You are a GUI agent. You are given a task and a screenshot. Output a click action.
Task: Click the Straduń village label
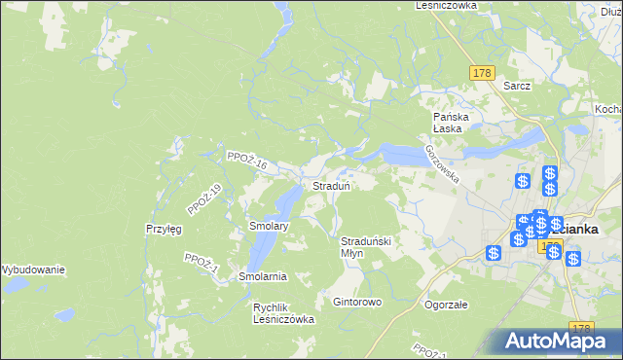(x=331, y=185)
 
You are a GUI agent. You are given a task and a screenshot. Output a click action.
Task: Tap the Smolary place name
(x=269, y=226)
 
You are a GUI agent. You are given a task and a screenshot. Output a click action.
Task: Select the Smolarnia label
(x=262, y=276)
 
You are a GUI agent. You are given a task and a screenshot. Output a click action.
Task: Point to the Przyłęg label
(x=164, y=228)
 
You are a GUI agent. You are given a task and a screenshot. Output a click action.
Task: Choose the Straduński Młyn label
(x=365, y=246)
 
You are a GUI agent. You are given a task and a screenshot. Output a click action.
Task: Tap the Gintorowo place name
(x=357, y=302)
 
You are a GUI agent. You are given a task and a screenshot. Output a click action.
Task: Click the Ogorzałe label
(x=447, y=304)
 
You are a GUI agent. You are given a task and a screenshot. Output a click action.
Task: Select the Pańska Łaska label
(x=452, y=122)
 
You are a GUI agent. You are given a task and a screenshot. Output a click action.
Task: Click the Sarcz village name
(x=517, y=86)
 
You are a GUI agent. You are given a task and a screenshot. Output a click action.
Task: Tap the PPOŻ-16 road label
(x=245, y=162)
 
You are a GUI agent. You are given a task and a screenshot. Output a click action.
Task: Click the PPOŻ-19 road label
(x=204, y=198)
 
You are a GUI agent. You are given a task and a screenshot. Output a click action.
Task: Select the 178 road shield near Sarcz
(x=483, y=73)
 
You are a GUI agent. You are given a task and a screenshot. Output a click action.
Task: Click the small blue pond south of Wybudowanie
(x=64, y=315)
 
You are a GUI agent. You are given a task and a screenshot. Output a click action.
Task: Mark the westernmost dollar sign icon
(x=495, y=253)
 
